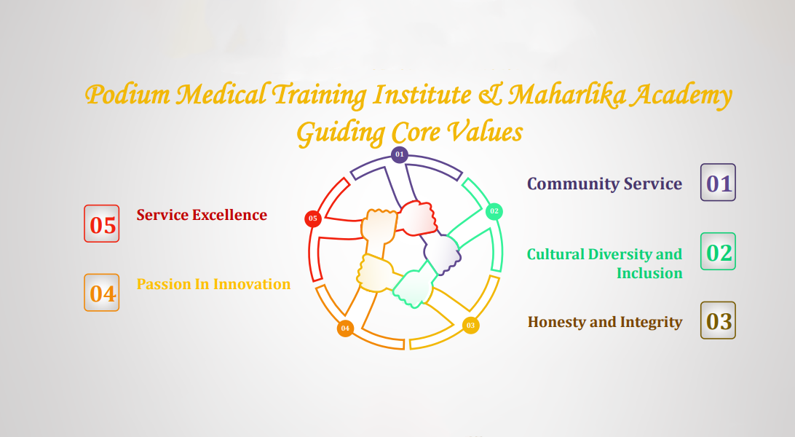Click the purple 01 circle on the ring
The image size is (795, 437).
point(400,154)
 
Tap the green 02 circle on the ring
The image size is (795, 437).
point(494,211)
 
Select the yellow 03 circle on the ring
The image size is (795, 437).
point(470,326)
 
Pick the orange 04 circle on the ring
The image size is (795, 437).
point(345,328)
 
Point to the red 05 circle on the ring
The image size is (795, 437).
point(313,219)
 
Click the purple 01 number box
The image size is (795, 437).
point(718,182)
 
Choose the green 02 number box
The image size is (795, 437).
point(718,251)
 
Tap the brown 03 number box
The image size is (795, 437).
point(718,320)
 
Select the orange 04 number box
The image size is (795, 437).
point(102,293)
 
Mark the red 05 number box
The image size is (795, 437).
point(102,224)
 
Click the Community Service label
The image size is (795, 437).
point(604,184)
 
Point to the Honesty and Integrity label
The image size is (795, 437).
point(605,323)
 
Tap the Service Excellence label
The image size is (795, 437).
point(202,215)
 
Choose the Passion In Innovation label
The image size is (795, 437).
point(213,284)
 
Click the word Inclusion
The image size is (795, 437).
point(649,273)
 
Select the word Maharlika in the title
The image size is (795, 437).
point(567,95)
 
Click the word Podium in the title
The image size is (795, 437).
point(127,94)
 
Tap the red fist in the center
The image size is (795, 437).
point(417,218)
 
